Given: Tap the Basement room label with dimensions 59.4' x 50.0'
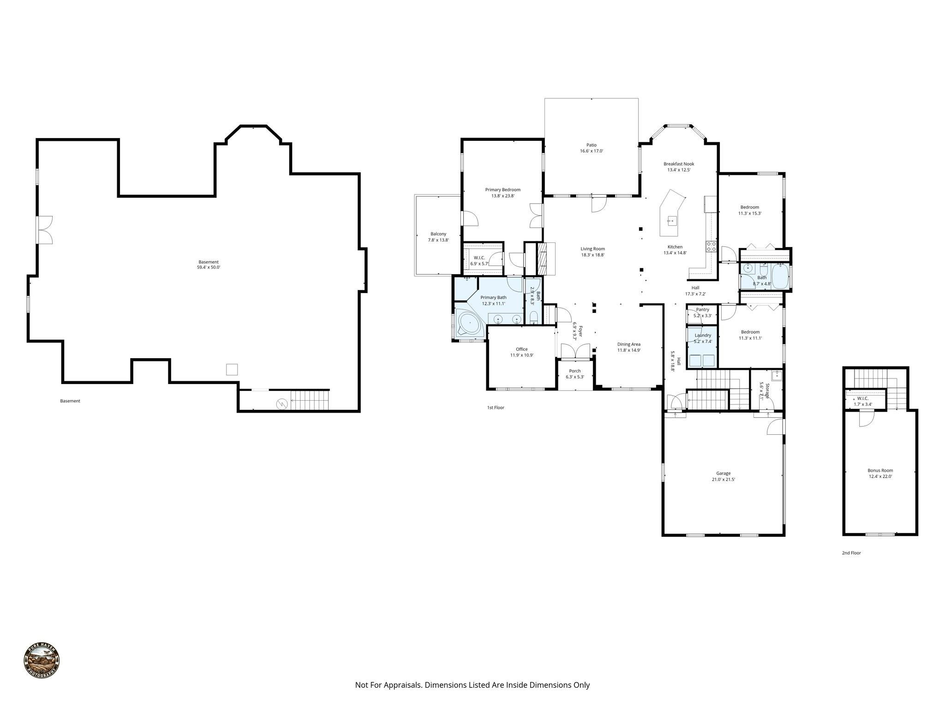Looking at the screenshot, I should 209,264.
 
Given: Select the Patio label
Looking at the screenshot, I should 592,145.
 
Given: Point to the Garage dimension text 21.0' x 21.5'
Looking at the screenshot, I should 723,480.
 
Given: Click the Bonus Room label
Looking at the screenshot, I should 880,471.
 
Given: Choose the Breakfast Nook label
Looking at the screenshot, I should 679,164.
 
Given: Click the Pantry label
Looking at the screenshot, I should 702,310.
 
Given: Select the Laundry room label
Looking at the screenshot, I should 703,335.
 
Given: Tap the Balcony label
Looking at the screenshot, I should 438,234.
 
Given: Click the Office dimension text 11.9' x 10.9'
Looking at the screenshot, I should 521,355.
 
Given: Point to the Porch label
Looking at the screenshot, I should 575,371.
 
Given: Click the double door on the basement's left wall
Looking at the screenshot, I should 45,229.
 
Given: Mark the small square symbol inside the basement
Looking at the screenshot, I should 232,369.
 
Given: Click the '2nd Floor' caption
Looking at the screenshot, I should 851,553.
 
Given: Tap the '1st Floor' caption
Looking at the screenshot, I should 496,408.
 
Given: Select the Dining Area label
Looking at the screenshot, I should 629,344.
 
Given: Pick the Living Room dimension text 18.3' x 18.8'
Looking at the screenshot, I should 592,255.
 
